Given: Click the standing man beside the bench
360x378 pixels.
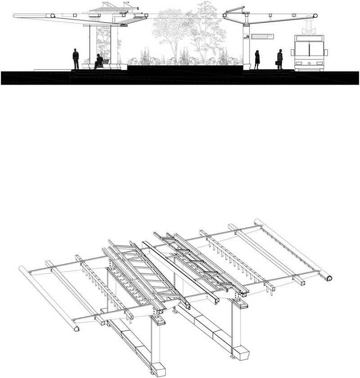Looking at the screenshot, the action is pos(76,58).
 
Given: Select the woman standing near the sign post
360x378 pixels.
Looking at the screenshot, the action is pos(257,59).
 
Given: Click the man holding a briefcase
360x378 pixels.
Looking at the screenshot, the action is pos(279,59).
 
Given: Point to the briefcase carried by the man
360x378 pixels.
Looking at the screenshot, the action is pos(276,63).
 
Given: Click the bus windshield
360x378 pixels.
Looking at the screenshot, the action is pos(309,48).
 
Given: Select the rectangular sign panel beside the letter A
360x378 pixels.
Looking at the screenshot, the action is pos(262,36).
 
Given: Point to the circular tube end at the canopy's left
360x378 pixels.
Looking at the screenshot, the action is pos(53,16).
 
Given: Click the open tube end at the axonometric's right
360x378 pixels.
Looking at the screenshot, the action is pos(329,278).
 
